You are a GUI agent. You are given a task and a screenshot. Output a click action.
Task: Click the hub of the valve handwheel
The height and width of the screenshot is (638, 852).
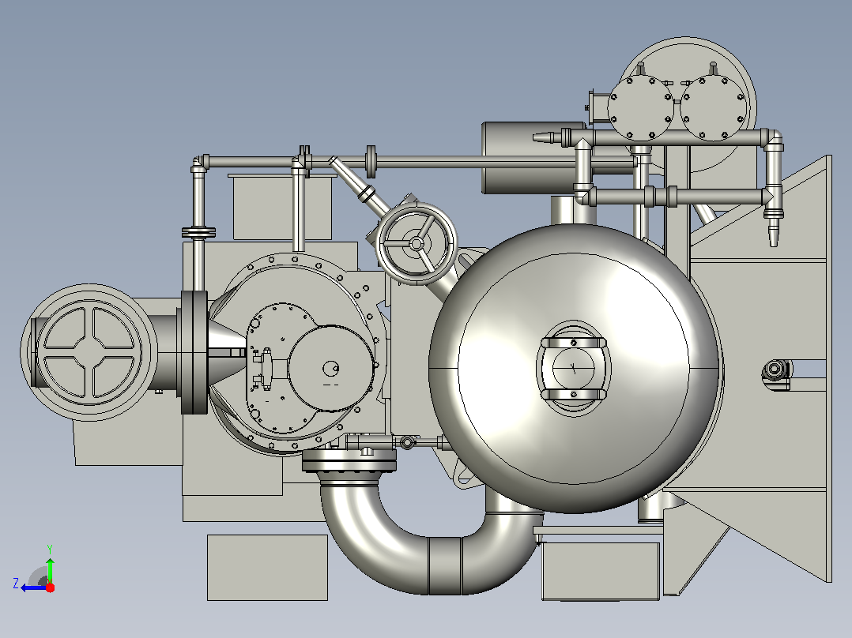(417, 244)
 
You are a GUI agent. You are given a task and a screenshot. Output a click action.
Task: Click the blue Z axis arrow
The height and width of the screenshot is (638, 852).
(32, 587)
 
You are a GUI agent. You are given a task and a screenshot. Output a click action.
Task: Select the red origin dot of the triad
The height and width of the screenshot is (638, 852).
(51, 587)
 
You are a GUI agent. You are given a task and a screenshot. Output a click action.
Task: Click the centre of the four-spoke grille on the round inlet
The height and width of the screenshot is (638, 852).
(89, 353)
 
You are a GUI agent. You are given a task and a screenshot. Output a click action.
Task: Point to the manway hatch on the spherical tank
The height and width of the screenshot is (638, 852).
(573, 369)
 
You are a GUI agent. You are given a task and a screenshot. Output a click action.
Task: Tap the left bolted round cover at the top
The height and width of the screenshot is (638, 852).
(641, 108)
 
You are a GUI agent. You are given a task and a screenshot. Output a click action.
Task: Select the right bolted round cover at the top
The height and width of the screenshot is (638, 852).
(714, 108)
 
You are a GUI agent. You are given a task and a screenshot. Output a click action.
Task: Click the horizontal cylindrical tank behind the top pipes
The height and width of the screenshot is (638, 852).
(533, 157)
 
